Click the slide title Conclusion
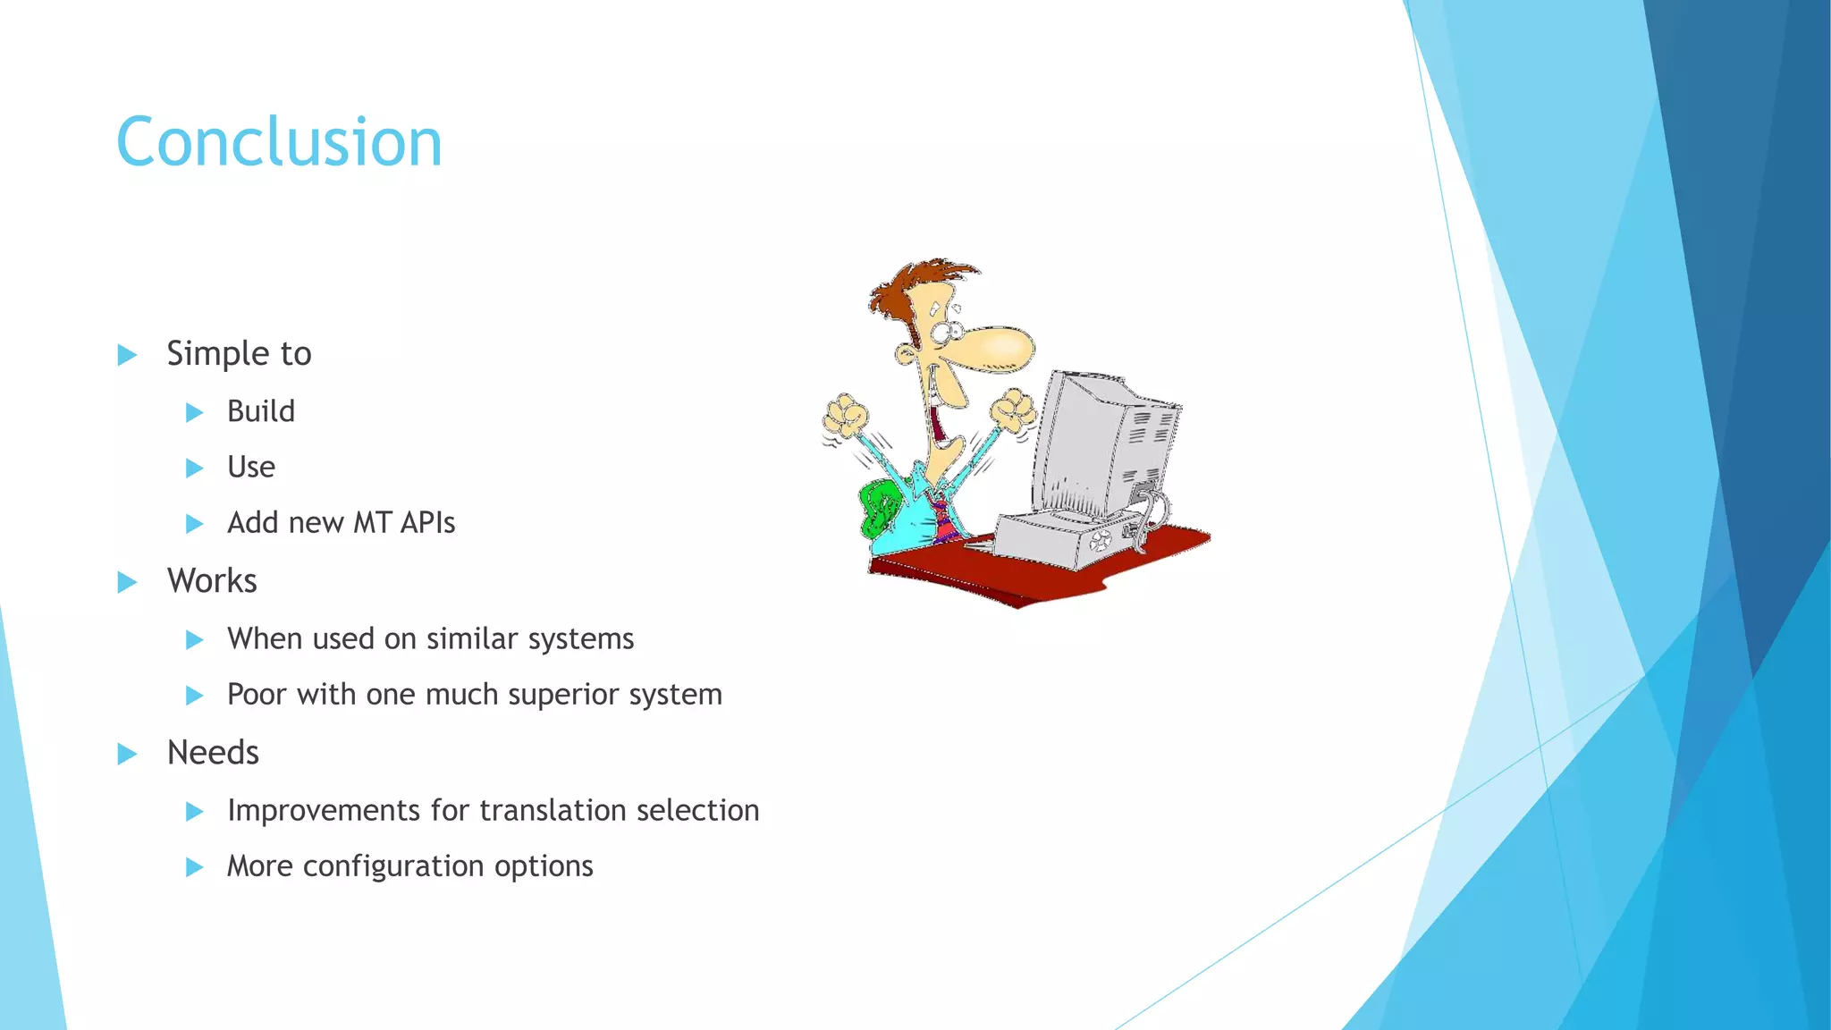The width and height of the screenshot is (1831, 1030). point(279,143)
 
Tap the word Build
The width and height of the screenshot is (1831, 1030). point(260,411)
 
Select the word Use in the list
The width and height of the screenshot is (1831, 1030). point(250,467)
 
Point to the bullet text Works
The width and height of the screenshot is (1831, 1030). point(212,581)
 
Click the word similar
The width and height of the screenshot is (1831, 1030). point(472,638)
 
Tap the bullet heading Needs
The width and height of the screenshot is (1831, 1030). point(213,753)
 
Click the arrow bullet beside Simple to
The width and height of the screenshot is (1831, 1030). point(127,355)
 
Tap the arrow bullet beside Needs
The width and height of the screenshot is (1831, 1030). point(127,754)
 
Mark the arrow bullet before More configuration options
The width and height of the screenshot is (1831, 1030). point(194,866)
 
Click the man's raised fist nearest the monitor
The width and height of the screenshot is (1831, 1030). point(1016,409)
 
